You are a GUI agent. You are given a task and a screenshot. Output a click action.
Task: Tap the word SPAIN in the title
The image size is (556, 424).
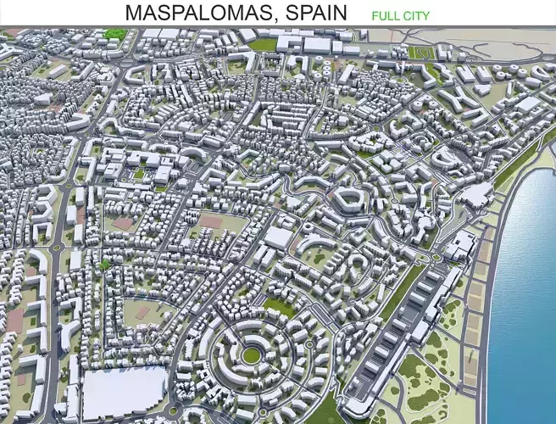coord(315,13)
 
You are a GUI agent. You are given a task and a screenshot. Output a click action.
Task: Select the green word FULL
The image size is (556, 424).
coord(386,15)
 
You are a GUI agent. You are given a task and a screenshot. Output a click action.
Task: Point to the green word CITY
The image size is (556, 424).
coord(417,15)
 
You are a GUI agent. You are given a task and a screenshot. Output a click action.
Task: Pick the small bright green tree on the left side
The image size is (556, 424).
coord(104,265)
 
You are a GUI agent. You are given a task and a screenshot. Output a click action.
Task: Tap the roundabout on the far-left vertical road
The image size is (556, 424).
coord(57,248)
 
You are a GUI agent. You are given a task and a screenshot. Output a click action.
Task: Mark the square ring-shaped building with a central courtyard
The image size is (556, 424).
coord(348,200)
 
